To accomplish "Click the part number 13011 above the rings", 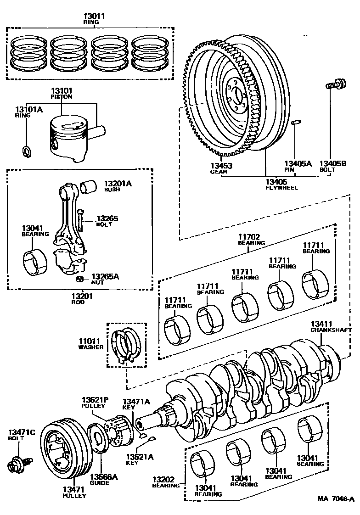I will (x=94, y=16).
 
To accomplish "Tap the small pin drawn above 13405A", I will (x=296, y=123).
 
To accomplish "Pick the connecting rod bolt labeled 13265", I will (x=80, y=219).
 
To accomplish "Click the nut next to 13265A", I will (x=80, y=279).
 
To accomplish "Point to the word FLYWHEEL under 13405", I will (x=281, y=188).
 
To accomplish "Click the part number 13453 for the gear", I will (x=222, y=166).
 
